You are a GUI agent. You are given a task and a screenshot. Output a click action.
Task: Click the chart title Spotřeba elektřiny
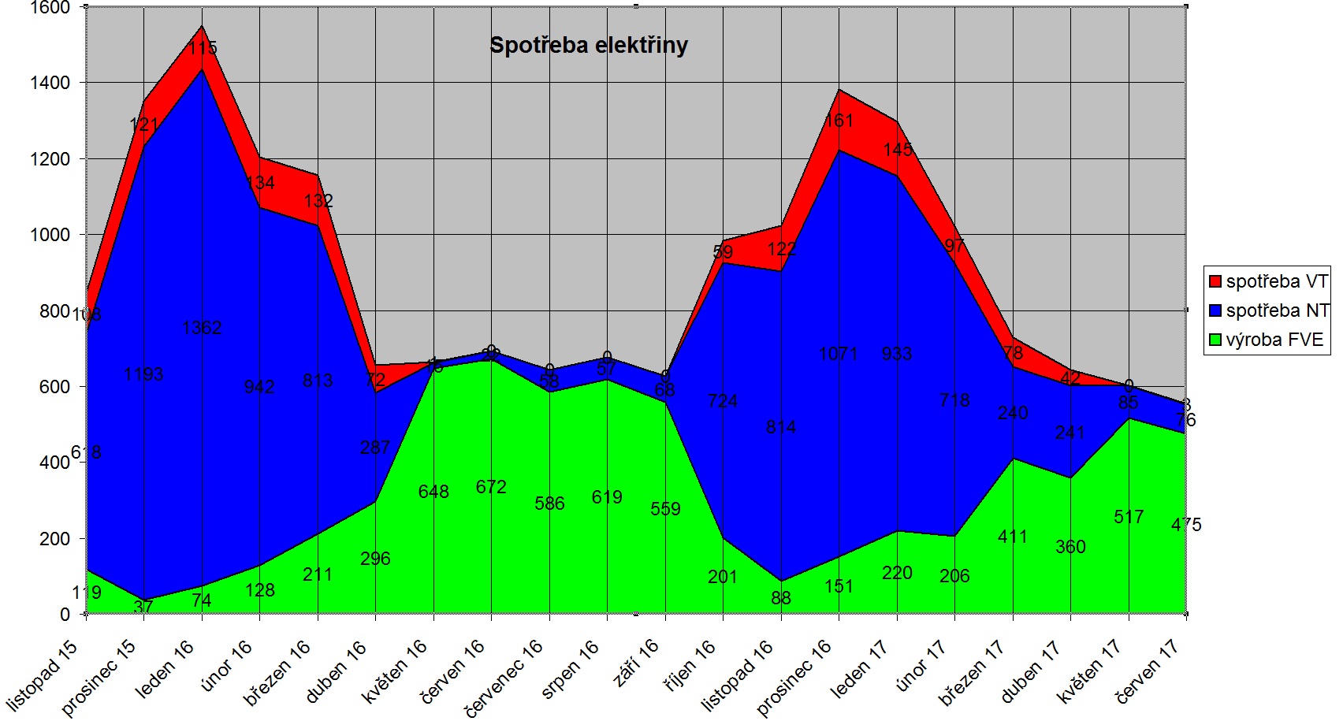tap(589, 46)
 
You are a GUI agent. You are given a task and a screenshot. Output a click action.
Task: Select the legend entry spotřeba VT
tap(1276, 281)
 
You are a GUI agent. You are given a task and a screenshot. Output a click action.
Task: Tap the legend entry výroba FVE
tap(1274, 340)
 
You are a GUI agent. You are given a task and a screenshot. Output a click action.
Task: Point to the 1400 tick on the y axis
tap(50, 83)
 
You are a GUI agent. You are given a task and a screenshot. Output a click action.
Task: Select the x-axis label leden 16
tap(165, 669)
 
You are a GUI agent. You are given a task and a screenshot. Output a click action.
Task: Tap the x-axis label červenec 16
tap(504, 678)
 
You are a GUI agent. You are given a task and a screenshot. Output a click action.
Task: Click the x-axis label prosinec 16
tap(794, 677)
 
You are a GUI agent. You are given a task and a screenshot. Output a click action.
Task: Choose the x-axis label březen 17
tap(972, 672)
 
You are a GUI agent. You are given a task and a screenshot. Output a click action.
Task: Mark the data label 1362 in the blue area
tap(202, 328)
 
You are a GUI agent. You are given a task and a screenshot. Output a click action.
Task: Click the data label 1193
tap(143, 374)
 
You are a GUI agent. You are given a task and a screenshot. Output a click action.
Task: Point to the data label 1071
tap(838, 354)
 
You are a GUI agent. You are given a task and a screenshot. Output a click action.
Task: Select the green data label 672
tap(490, 487)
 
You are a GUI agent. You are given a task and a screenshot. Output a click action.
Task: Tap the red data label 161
tap(839, 121)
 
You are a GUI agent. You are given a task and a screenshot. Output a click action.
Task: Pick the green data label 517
tap(1129, 517)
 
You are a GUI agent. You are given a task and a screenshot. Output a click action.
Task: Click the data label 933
tap(897, 354)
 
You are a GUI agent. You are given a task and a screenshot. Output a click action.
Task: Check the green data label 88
tap(781, 598)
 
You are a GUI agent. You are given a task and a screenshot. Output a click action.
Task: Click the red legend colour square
tap(1215, 281)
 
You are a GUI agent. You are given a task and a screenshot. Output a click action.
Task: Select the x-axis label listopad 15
tap(43, 675)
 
